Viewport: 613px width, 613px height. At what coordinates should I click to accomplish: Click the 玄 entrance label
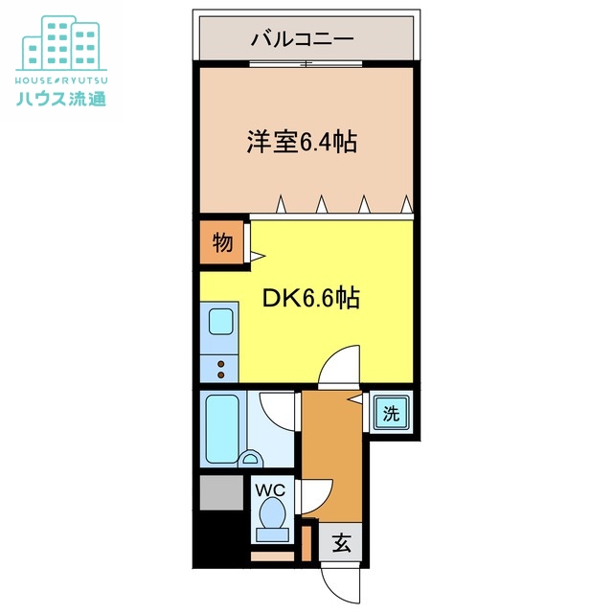click(341, 545)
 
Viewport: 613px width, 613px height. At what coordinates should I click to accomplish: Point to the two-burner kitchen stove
click(219, 367)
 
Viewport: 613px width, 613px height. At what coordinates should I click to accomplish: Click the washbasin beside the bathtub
click(252, 458)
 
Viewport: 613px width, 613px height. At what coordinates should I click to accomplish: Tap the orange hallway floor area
click(333, 450)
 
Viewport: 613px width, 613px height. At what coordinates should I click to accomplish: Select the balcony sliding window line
click(306, 63)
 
